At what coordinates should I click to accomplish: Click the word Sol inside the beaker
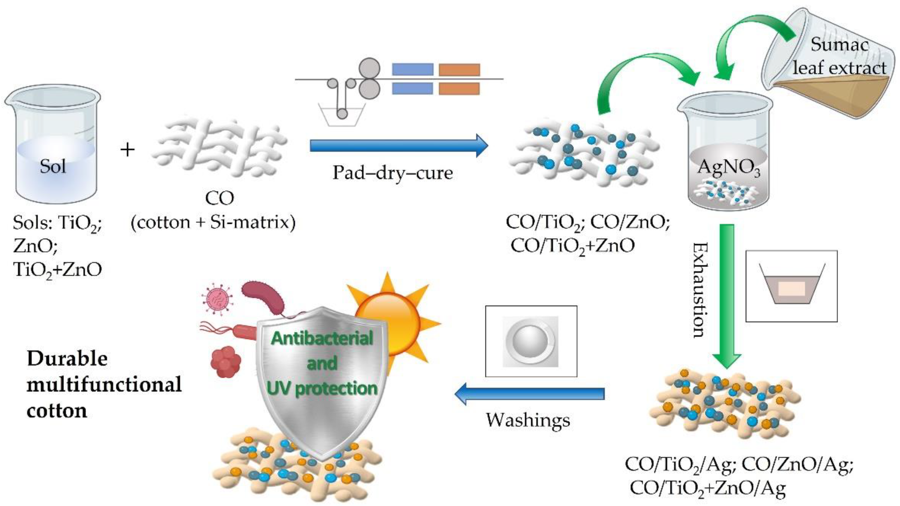tap(53, 167)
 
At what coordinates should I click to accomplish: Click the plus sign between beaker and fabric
tap(128, 150)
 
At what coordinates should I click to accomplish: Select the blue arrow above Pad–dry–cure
tap(398, 146)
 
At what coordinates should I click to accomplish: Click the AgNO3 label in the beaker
tap(728, 168)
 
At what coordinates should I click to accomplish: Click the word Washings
tap(528, 420)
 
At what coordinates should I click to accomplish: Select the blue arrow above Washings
tap(529, 394)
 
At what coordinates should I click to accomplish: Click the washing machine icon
tap(530, 341)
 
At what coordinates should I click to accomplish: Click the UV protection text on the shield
tap(322, 388)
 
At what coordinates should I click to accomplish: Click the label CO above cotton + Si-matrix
tap(219, 198)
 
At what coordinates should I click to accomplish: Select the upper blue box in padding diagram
tap(413, 69)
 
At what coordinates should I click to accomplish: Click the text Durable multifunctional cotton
tap(104, 384)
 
